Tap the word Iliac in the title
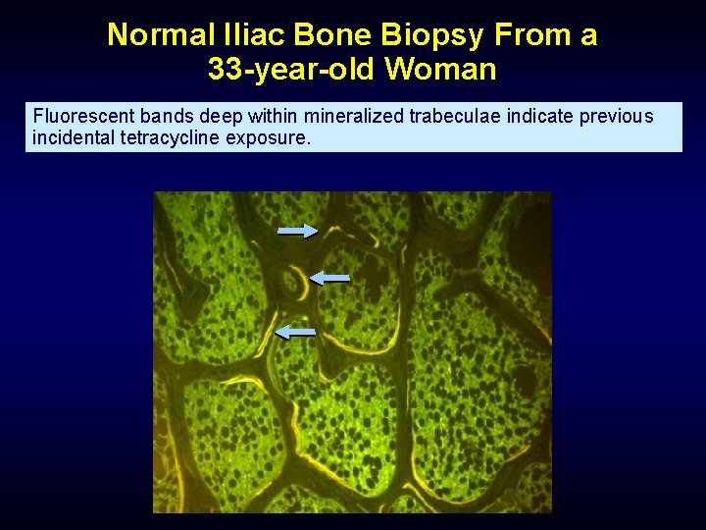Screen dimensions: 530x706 254,35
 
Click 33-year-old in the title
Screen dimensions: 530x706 292,71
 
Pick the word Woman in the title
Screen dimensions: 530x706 441,71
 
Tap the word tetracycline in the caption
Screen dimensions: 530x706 170,137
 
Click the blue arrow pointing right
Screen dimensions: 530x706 297,231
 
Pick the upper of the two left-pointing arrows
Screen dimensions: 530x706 329,279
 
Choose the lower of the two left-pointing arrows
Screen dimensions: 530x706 295,333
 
